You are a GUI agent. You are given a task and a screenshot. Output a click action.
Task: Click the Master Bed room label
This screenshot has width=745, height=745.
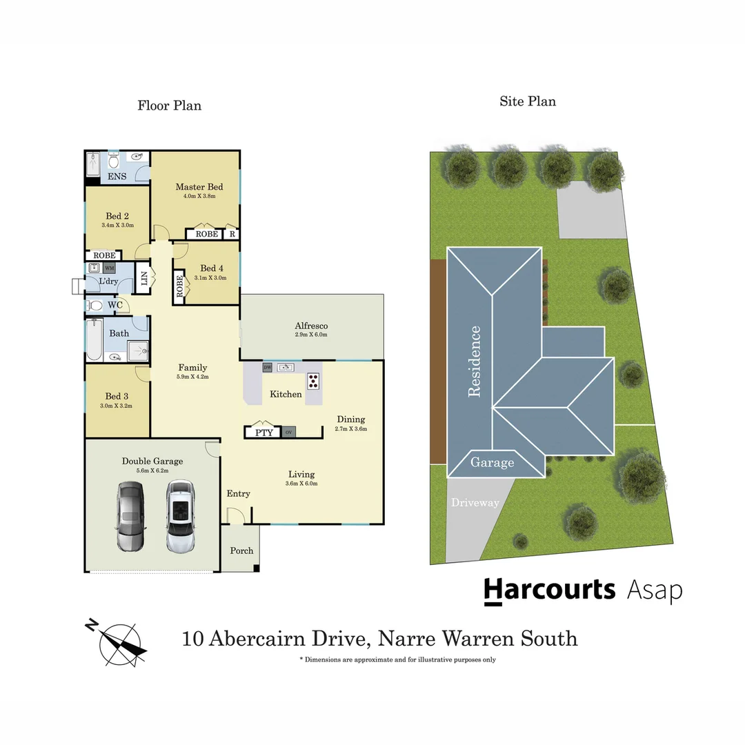point(199,187)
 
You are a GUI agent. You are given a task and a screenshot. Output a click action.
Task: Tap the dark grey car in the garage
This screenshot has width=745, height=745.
point(130,516)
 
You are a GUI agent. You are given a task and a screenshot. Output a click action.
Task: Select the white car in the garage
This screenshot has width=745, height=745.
point(180,516)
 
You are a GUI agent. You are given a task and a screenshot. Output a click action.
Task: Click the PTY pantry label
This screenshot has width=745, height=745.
point(264,433)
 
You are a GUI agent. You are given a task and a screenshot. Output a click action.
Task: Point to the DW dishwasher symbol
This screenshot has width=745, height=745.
point(267,368)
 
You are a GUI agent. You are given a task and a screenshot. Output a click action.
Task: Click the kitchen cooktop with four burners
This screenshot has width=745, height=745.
point(313,379)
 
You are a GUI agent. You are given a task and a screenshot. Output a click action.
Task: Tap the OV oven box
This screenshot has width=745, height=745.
point(288,433)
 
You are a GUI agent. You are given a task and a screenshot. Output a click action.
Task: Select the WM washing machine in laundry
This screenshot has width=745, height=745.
point(109,268)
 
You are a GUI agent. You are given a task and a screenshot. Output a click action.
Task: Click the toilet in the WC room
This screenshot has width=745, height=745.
point(95,305)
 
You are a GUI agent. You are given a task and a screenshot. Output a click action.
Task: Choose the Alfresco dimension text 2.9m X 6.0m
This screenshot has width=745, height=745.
point(310,335)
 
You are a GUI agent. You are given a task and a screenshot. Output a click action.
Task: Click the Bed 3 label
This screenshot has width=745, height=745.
point(117,396)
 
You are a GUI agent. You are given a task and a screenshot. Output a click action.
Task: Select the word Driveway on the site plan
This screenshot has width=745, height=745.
point(475,503)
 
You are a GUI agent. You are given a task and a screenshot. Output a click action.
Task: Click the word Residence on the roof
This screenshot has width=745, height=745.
point(474,361)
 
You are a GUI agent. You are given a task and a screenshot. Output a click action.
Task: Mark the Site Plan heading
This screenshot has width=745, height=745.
point(528,101)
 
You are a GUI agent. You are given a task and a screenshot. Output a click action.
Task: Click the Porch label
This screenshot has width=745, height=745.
point(241,550)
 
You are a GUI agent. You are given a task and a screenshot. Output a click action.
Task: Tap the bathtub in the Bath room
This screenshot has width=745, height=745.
point(93,339)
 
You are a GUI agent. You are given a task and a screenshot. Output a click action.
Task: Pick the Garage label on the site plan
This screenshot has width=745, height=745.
point(493,463)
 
